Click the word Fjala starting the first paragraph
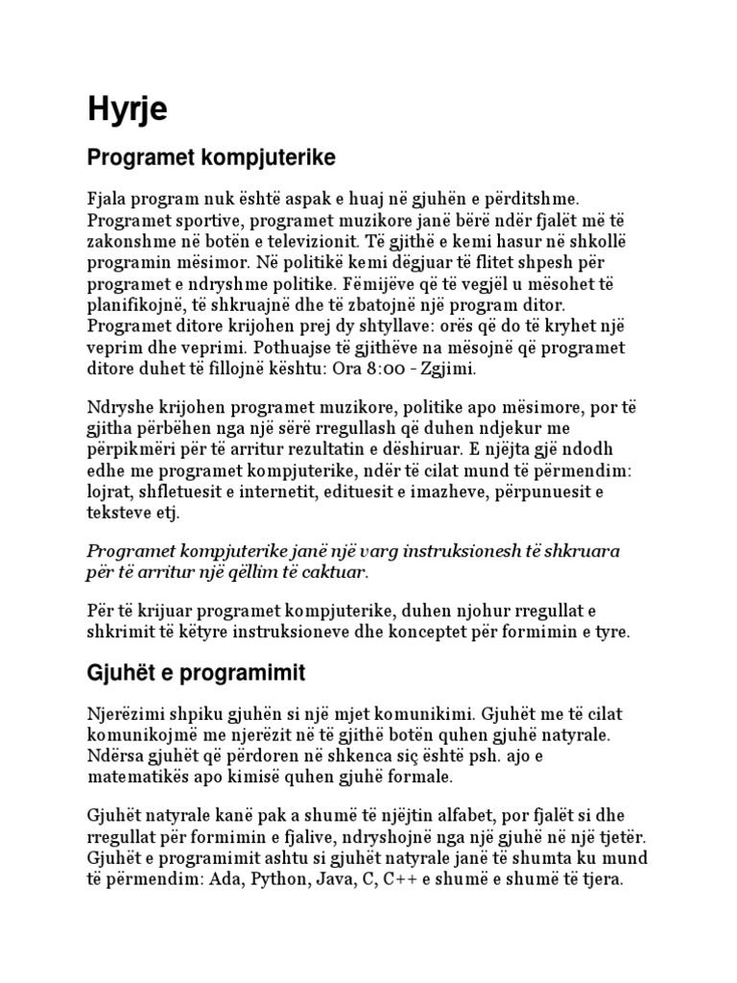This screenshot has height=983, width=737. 107,198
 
